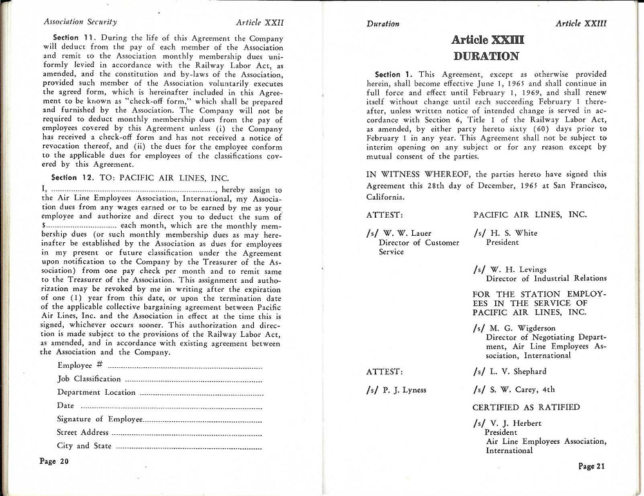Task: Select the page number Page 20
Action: pos(54,461)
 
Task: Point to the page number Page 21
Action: pos(591,466)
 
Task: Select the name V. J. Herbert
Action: pos(514,423)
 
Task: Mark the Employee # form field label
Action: pos(76,365)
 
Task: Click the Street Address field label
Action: pos(82,432)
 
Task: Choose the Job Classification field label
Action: pos(89,379)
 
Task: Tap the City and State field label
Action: pos(84,446)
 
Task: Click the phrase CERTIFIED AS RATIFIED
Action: pos(526,407)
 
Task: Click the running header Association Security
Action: pos(80,22)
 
